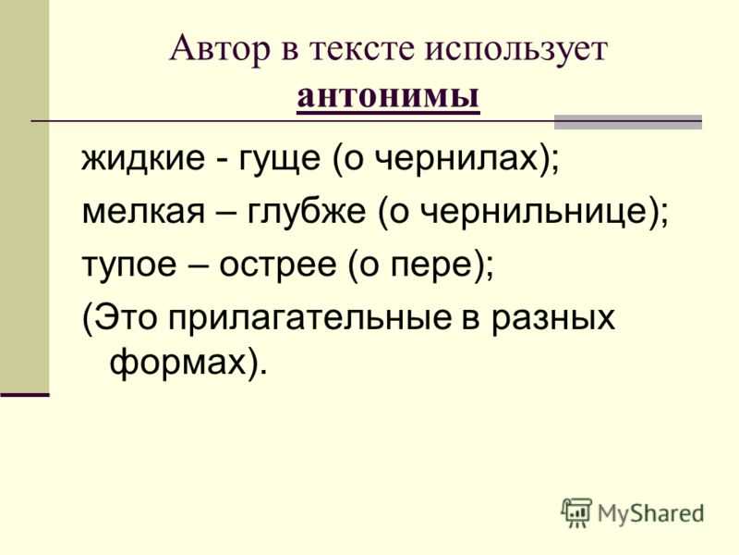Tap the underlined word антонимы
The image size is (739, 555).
(x=388, y=96)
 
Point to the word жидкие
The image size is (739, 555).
(x=143, y=157)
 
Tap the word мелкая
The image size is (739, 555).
(x=144, y=212)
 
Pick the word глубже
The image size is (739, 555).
(x=307, y=213)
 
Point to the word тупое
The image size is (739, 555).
(x=128, y=265)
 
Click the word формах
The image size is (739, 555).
(x=178, y=363)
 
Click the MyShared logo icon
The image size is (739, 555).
(x=575, y=512)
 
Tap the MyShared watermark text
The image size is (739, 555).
(x=650, y=513)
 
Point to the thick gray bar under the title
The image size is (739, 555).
(x=628, y=121)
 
